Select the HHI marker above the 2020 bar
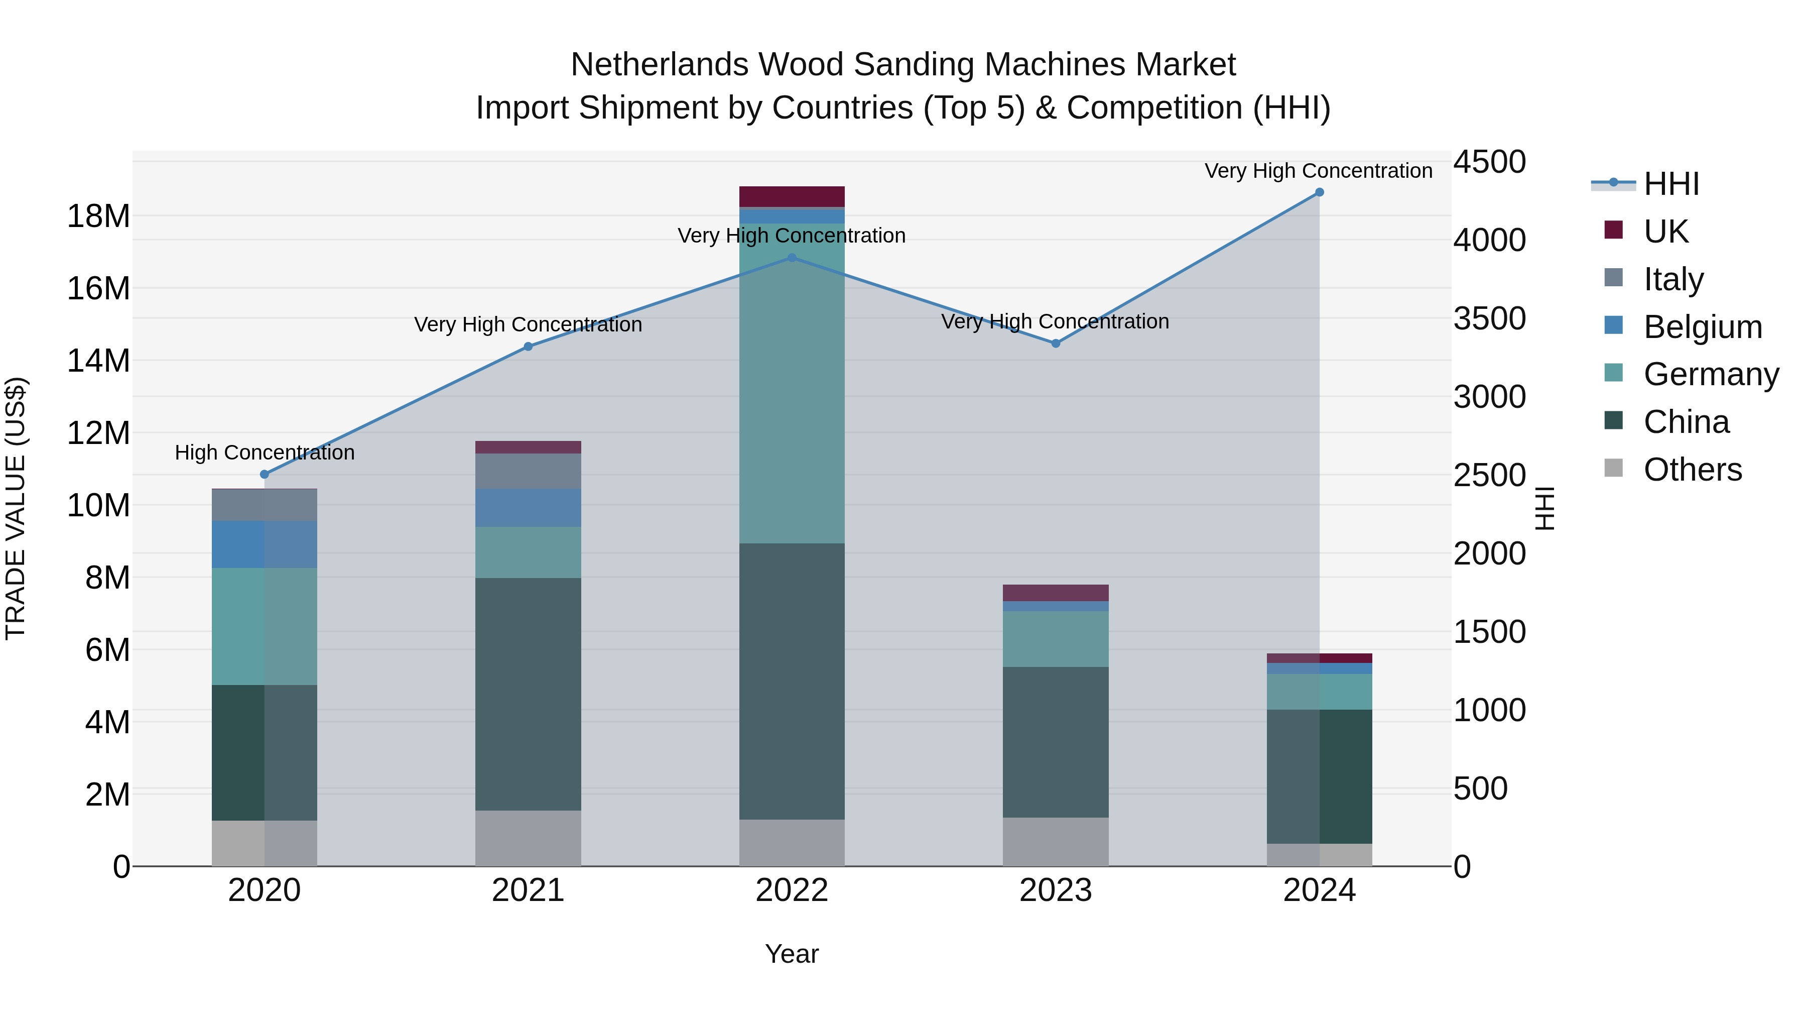coord(265,475)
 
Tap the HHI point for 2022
coord(792,258)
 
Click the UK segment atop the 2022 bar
coord(792,196)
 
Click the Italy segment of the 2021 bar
coord(528,471)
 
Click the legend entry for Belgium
coord(1703,327)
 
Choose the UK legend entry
coord(1665,232)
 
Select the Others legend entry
coord(1692,470)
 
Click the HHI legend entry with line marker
coord(1671,184)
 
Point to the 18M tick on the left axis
coord(98,216)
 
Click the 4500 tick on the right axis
coord(1489,162)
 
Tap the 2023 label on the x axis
coord(1056,890)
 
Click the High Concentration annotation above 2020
coord(265,453)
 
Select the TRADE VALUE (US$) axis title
coord(16,508)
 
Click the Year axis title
coord(792,954)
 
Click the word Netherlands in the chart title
coord(660,65)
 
